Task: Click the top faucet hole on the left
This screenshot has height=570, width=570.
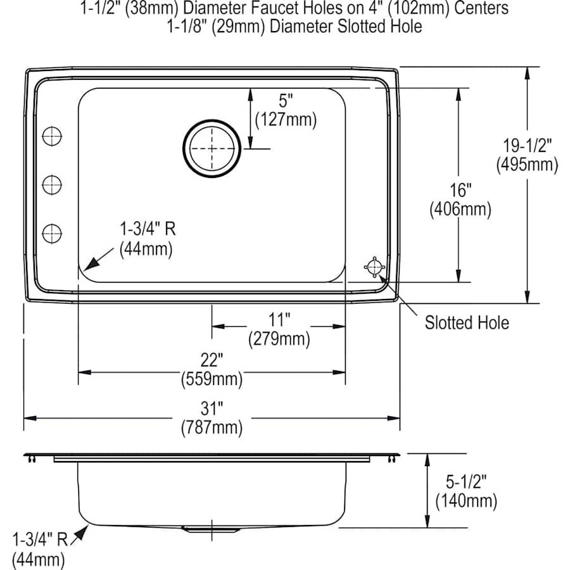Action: [x=52, y=135]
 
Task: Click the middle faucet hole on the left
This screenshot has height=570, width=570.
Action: [x=52, y=184]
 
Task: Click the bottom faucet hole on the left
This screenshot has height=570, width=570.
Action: [x=52, y=232]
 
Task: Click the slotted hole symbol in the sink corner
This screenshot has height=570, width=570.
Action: [x=374, y=267]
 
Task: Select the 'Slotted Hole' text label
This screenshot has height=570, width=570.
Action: [x=466, y=323]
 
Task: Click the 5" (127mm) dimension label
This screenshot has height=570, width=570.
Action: [x=285, y=110]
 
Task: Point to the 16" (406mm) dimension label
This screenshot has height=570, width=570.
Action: [x=460, y=199]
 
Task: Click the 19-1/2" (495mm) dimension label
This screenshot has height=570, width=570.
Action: [x=527, y=155]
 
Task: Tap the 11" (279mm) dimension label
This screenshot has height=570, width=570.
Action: [x=279, y=329]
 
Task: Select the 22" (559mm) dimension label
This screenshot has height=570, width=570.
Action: [x=212, y=369]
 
